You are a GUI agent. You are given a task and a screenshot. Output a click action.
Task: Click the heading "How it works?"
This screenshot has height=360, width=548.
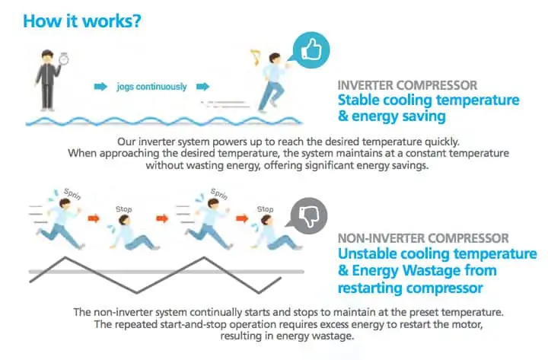(82, 21)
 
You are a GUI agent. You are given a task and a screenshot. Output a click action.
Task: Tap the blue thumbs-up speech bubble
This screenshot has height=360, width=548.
(311, 50)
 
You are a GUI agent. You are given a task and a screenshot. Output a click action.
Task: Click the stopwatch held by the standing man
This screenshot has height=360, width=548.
(64, 59)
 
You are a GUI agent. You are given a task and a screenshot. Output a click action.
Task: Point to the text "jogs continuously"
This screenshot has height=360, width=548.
(151, 87)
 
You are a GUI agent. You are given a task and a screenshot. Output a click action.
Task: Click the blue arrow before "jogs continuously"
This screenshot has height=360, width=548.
(100, 86)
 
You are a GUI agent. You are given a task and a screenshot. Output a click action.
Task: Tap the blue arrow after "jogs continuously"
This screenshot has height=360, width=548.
(202, 86)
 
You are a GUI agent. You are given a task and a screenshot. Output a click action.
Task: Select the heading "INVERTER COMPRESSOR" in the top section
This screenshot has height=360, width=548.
(407, 85)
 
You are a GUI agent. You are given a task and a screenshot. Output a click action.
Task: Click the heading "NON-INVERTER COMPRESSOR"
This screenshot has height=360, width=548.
(423, 238)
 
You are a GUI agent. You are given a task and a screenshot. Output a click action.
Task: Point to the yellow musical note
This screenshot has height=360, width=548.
(256, 58)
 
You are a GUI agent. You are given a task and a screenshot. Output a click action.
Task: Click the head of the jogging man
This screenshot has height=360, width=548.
(275, 58)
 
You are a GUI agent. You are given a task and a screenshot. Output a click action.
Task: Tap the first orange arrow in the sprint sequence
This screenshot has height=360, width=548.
(94, 218)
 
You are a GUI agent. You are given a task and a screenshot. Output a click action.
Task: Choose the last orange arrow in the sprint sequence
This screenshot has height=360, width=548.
(242, 218)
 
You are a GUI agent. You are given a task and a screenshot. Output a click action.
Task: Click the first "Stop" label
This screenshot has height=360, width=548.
(124, 209)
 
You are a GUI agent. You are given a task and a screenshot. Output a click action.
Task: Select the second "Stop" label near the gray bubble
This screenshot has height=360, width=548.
(266, 209)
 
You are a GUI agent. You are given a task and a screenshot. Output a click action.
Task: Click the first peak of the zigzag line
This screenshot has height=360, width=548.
(65, 257)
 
